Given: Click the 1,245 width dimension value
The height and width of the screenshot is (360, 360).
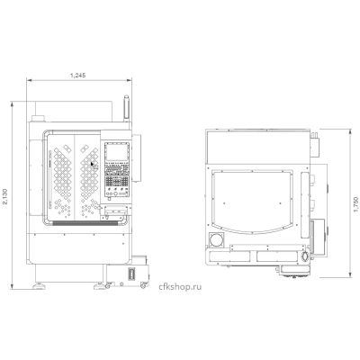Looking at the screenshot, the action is (78, 76).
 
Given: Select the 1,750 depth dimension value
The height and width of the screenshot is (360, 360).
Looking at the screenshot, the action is (356, 204).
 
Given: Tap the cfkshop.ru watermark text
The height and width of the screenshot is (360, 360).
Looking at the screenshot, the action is (180, 287).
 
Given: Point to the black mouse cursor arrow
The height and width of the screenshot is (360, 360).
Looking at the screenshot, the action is (93, 164).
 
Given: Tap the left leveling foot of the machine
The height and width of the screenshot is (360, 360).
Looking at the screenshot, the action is (39, 286).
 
